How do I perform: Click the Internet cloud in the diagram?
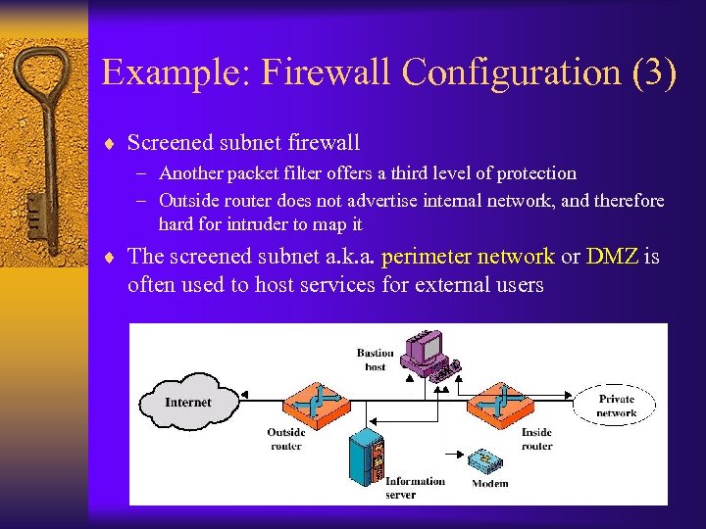(187, 402)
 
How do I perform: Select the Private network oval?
(617, 406)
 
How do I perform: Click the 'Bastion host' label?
(375, 360)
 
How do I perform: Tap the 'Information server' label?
(415, 487)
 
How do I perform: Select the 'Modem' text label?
(490, 483)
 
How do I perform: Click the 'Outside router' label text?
(285, 439)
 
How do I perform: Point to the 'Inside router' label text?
(536, 439)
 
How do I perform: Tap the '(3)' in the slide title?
(651, 73)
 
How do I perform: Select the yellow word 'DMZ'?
(612, 258)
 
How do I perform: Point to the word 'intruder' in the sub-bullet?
(260, 224)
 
